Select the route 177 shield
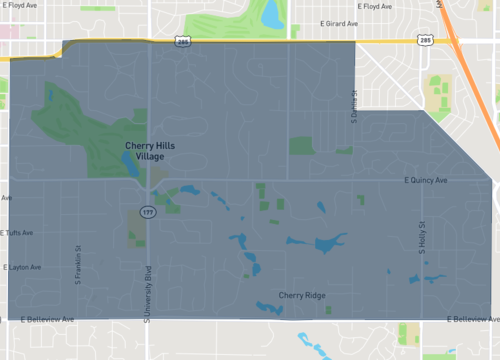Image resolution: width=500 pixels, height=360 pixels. tap(148, 213)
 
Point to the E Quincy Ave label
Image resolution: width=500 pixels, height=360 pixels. tap(426, 181)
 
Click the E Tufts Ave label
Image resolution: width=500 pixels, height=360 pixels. tap(18, 233)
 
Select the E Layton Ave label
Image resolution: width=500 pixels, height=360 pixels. tap(22, 268)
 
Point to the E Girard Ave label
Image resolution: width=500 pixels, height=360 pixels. tap(339, 21)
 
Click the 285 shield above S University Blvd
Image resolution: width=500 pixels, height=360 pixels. tap(182, 42)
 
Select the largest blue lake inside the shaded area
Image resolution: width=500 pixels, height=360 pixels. tap(327, 243)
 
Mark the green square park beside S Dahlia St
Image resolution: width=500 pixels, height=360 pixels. tap(302, 146)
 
